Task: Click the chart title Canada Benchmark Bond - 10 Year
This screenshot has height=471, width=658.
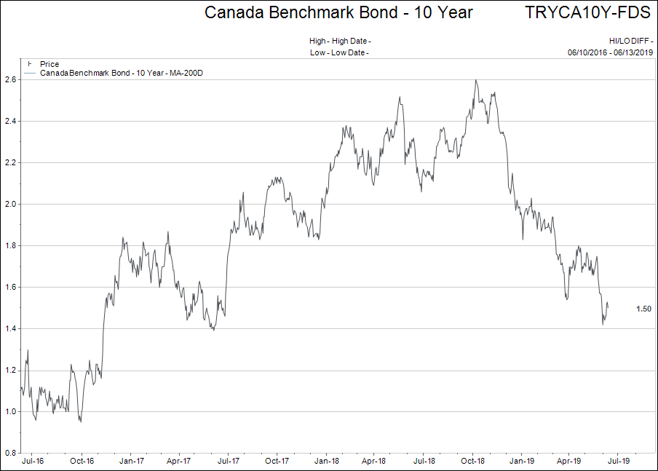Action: point(338,12)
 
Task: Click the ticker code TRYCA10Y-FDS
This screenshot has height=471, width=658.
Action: point(587,12)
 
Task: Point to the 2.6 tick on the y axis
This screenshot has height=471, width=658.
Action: point(11,79)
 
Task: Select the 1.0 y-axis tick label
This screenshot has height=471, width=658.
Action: point(11,412)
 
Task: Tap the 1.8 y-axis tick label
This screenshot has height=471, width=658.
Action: point(11,246)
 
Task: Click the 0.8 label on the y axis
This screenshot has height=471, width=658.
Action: point(11,454)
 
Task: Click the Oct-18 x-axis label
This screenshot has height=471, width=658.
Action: point(472,461)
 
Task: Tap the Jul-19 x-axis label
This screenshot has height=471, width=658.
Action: point(619,461)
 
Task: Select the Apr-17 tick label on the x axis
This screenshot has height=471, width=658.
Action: point(178,461)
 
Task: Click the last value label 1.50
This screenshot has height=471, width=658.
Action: point(643,309)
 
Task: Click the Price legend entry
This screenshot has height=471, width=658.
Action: point(49,65)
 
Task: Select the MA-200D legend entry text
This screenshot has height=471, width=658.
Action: point(121,73)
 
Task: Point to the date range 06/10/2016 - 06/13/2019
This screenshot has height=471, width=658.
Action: point(609,52)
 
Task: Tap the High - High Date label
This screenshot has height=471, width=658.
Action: point(340,41)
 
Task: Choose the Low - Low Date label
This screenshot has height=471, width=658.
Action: point(340,52)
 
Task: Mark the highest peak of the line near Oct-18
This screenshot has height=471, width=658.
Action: point(475,80)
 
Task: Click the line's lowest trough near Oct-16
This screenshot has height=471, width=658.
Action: point(81,421)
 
